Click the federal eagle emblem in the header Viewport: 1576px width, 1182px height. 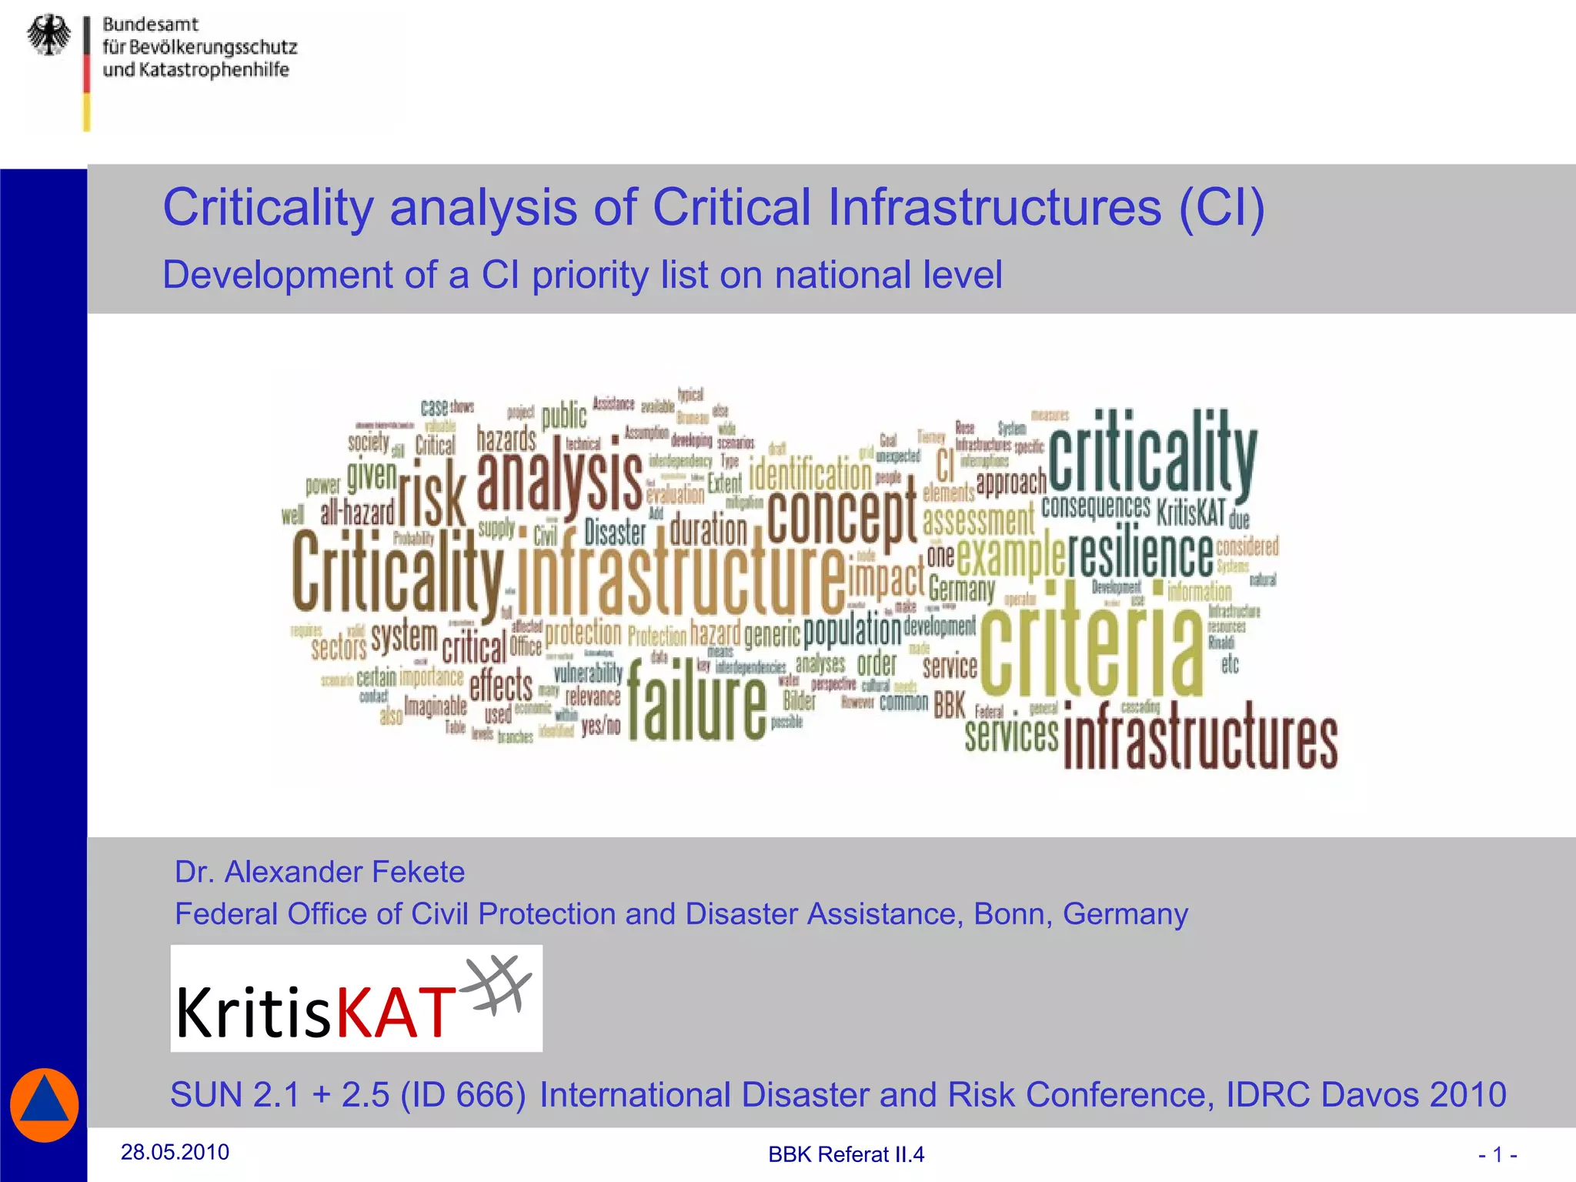point(49,35)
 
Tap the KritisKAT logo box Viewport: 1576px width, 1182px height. point(356,998)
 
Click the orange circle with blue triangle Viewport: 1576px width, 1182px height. point(45,1104)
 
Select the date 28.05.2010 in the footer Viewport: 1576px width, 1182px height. point(175,1152)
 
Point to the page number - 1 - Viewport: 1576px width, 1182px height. point(1497,1154)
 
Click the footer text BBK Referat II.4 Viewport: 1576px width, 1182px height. point(846,1154)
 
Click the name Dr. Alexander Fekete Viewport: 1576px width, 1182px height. point(319,872)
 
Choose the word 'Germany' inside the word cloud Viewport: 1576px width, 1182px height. point(961,589)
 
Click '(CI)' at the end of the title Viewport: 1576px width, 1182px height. point(1221,207)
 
